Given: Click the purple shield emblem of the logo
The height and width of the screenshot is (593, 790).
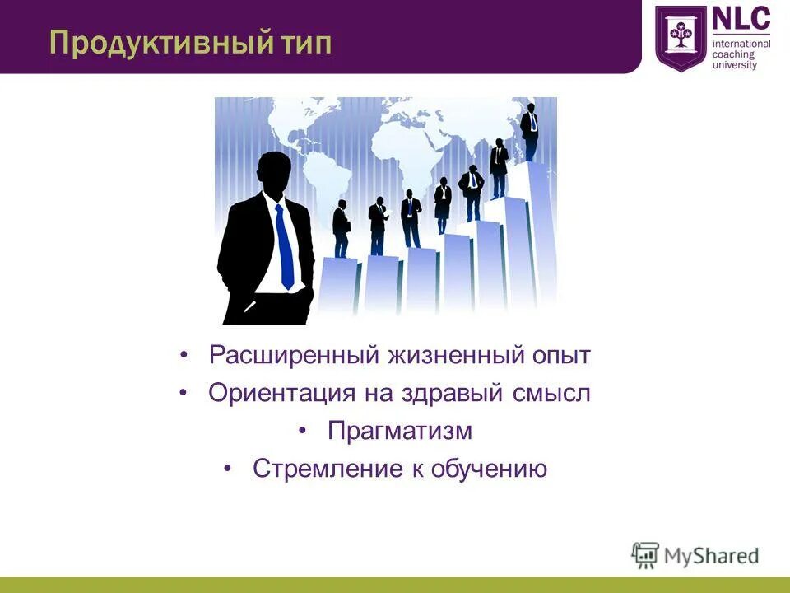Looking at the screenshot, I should pyautogui.click(x=681, y=38).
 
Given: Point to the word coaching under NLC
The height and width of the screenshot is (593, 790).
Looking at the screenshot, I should pyautogui.click(x=733, y=54).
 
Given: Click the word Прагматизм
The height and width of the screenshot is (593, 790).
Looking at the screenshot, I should pyautogui.click(x=400, y=431).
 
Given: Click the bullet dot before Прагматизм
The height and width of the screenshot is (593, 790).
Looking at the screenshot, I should pyautogui.click(x=303, y=431).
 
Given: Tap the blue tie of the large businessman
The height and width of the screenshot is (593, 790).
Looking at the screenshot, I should pyautogui.click(x=284, y=247).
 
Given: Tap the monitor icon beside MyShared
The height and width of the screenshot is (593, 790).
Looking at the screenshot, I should pyautogui.click(x=646, y=555).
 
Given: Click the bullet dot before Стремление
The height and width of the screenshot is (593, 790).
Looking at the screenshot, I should pyautogui.click(x=228, y=469).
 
